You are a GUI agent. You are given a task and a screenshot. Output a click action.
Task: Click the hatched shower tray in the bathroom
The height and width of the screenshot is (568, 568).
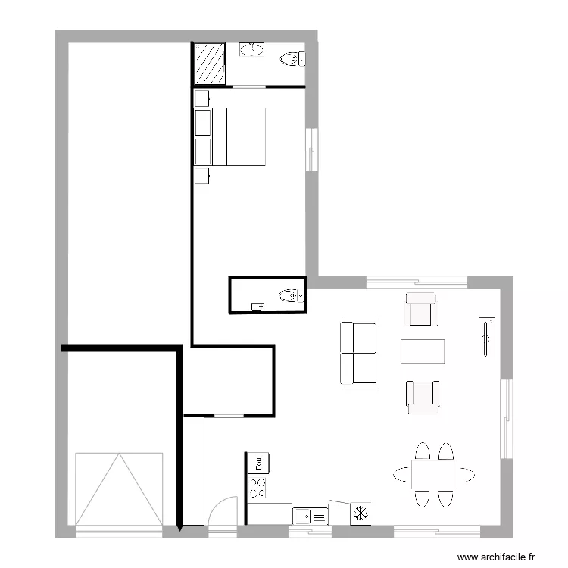coord(209,63)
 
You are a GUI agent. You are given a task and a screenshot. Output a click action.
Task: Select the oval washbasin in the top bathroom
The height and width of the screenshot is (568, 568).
coord(252,50)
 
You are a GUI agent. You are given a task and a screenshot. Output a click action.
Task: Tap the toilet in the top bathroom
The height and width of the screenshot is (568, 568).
coord(291,58)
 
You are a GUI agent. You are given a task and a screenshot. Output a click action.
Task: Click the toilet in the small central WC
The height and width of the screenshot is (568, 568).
coord(290,295)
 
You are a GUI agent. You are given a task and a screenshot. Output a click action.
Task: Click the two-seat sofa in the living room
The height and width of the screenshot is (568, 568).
coord(360,353)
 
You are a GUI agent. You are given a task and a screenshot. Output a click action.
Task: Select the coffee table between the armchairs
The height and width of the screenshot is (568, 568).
coord(422,351)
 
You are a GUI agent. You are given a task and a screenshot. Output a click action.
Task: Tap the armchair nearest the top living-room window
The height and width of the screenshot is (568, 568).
coord(421,310)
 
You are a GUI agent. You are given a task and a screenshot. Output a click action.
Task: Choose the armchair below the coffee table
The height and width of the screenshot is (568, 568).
coord(423,397)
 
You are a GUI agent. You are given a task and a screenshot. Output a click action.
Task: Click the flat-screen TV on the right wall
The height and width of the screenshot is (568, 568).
coord(485,337)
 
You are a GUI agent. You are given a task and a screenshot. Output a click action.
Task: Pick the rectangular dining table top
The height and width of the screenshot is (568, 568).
coord(434,475)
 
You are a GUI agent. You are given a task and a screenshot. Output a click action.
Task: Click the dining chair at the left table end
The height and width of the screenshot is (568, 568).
coord(402,475)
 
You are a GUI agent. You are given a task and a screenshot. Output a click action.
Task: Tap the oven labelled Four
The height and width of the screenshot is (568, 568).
coord(257,461)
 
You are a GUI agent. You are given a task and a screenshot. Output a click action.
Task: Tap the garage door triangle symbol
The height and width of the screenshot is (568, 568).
coord(119,488)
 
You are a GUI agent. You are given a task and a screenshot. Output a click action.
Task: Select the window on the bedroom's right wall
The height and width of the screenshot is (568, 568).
coord(311,149)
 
